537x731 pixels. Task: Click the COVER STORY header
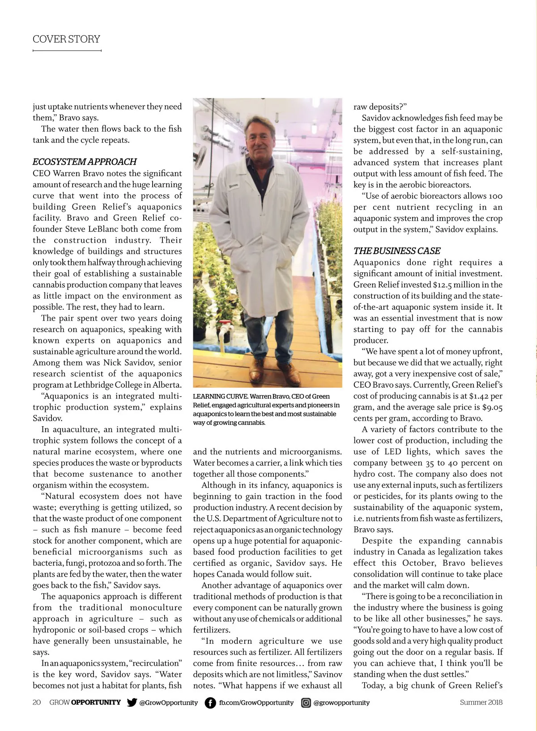click(66, 39)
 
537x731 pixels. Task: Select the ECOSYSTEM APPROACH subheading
click(85, 162)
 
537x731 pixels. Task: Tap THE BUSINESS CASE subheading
click(397, 251)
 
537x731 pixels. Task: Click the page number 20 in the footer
click(37, 702)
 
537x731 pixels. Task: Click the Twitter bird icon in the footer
click(132, 702)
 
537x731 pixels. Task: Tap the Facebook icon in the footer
click(210, 702)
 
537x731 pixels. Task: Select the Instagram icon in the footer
click(306, 702)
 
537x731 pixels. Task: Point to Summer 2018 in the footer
click(481, 702)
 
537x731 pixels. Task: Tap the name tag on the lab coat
click(234, 185)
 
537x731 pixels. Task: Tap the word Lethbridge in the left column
click(96, 385)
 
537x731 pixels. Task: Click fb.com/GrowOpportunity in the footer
click(256, 702)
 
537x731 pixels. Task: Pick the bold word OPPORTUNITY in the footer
click(96, 702)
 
